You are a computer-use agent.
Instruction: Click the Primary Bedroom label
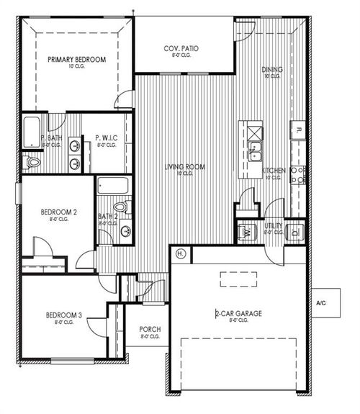pyautogui.click(x=76, y=60)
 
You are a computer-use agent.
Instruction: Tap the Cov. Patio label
pyautogui.click(x=181, y=48)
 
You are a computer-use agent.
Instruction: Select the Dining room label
pyautogui.click(x=272, y=70)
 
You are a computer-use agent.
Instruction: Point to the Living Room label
pyautogui.click(x=185, y=167)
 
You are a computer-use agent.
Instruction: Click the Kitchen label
pyautogui.click(x=274, y=171)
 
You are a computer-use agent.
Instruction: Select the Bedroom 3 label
pyautogui.click(x=65, y=315)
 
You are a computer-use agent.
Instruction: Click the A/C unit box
pyautogui.click(x=321, y=303)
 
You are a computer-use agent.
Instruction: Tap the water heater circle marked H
pyautogui.click(x=181, y=253)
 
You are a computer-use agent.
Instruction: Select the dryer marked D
pyautogui.click(x=295, y=232)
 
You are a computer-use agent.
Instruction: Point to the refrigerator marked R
pyautogui.click(x=298, y=130)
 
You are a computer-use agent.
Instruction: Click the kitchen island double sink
pyautogui.click(x=254, y=151)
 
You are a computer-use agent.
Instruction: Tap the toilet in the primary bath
pyautogui.click(x=32, y=163)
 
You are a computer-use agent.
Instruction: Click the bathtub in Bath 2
pyautogui.click(x=113, y=186)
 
